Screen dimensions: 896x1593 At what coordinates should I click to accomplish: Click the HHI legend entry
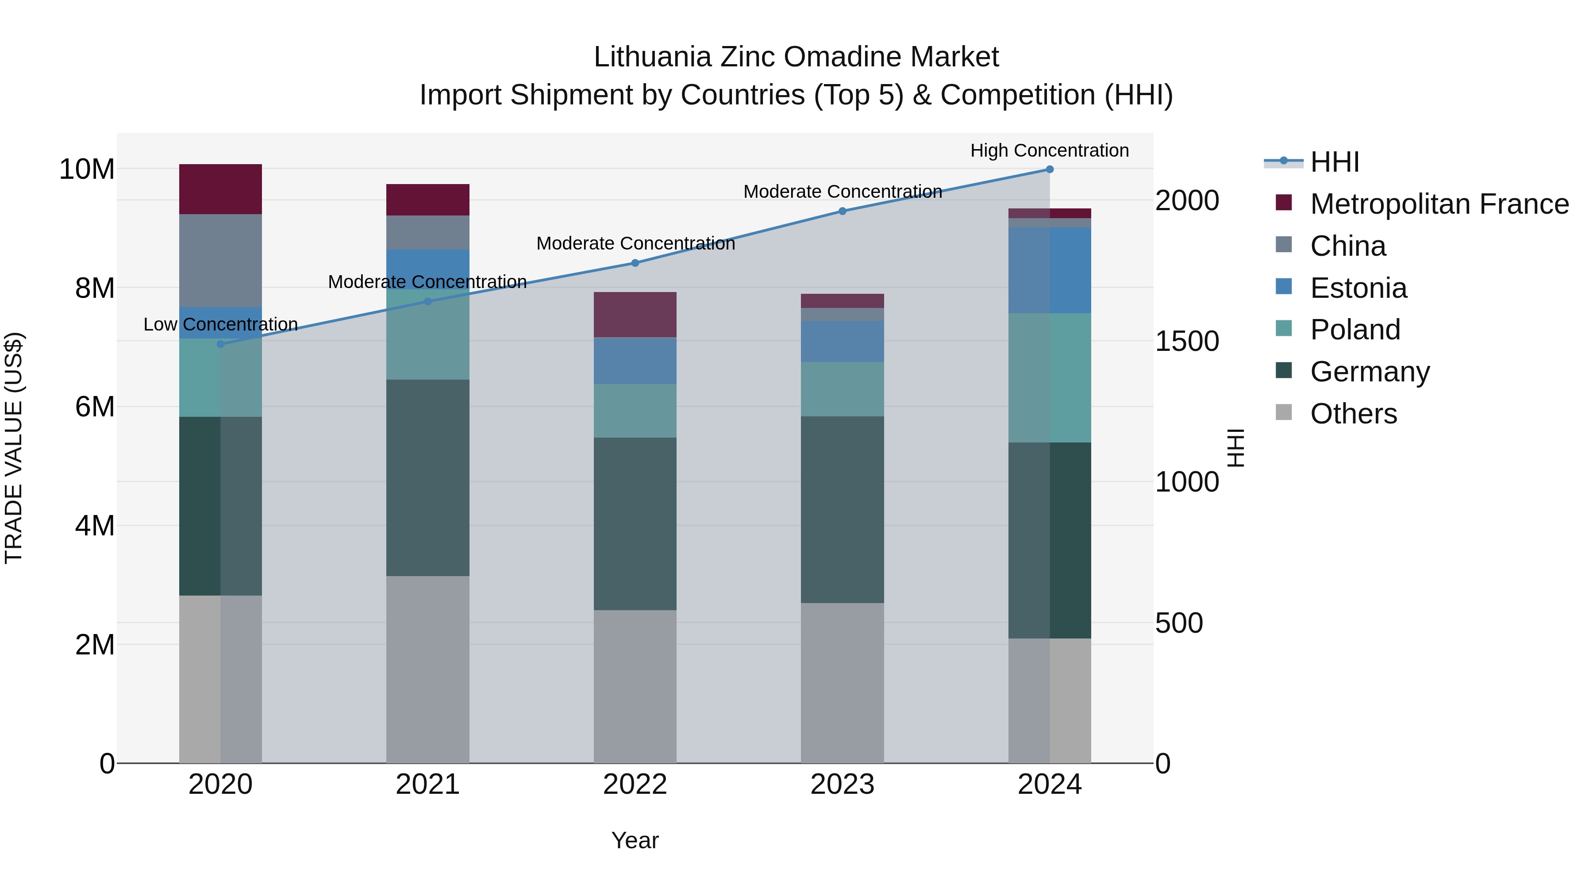[1335, 162]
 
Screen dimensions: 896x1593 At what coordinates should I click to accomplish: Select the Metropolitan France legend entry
[1439, 204]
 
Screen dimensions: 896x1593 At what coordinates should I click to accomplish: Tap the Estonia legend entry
[1358, 288]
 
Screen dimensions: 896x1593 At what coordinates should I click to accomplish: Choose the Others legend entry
[1353, 414]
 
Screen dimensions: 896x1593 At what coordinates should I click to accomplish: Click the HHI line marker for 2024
[1050, 169]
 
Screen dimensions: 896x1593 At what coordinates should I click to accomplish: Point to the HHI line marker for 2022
[635, 263]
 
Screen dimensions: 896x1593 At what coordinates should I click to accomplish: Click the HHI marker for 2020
[221, 344]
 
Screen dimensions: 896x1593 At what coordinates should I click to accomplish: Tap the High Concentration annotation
[1050, 150]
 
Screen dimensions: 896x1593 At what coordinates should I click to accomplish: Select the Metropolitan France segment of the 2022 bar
[635, 315]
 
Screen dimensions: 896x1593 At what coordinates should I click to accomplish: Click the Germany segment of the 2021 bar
[427, 477]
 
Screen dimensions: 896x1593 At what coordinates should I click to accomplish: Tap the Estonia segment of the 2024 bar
[1050, 270]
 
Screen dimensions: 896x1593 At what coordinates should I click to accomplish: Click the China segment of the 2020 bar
[221, 260]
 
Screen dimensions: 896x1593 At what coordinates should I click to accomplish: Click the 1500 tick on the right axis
[1187, 341]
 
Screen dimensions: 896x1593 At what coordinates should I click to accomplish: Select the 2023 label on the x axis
[842, 784]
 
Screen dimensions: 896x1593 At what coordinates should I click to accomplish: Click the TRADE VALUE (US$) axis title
[14, 448]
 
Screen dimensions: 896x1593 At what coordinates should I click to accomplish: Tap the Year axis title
[635, 840]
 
